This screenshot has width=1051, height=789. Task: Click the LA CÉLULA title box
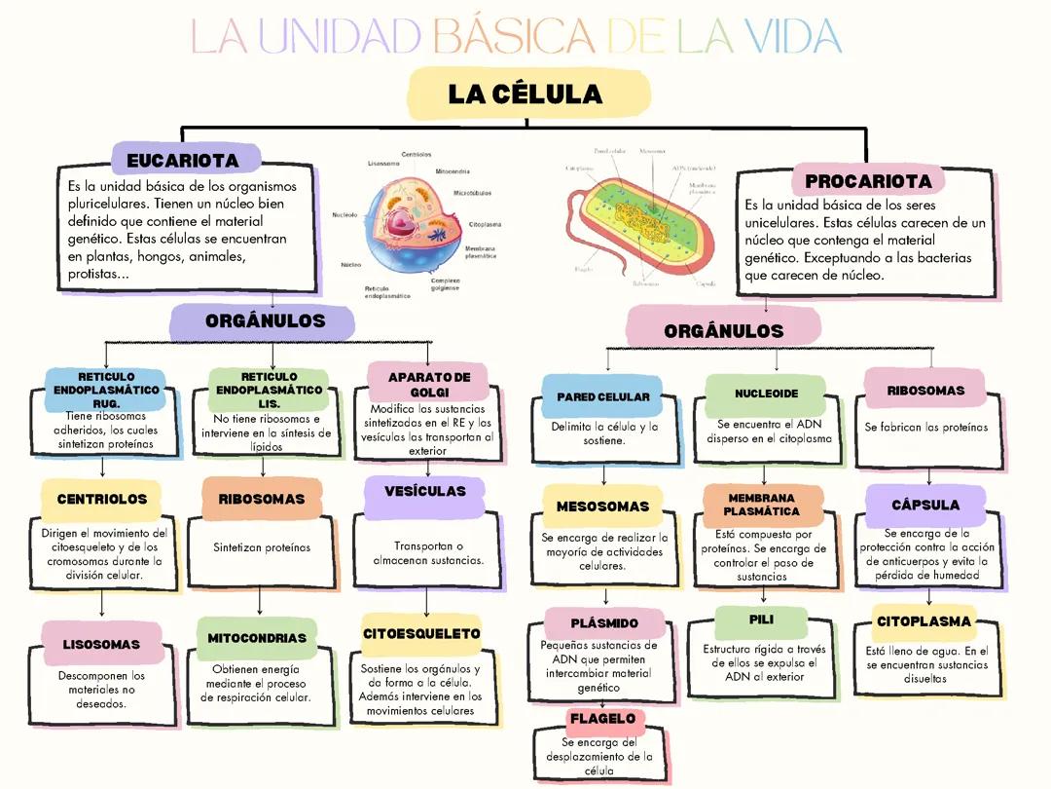pyautogui.click(x=527, y=94)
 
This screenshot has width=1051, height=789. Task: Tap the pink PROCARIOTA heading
pyautogui.click(x=868, y=181)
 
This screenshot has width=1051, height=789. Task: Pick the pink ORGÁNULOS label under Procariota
pyautogui.click(x=723, y=330)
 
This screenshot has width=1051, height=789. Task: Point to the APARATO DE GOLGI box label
pyautogui.click(x=429, y=384)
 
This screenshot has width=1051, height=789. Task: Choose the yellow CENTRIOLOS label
pyautogui.click(x=102, y=499)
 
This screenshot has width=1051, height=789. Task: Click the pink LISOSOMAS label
pyautogui.click(x=101, y=644)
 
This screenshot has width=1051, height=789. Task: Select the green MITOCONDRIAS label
pyautogui.click(x=257, y=638)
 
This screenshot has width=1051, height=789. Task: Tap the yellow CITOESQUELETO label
pyautogui.click(x=421, y=633)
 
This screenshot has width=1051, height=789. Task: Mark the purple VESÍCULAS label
pyautogui.click(x=425, y=492)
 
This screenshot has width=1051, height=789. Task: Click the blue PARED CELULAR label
pyautogui.click(x=602, y=396)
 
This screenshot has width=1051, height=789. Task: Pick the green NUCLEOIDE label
pyautogui.click(x=766, y=394)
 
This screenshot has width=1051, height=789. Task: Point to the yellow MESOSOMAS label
pyautogui.click(x=602, y=507)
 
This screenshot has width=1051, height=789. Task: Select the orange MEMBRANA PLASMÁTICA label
pyautogui.click(x=762, y=505)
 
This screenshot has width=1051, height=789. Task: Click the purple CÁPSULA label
pyautogui.click(x=925, y=505)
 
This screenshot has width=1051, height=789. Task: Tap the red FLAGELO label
pyautogui.click(x=602, y=719)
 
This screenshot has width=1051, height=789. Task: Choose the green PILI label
pyautogui.click(x=761, y=620)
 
